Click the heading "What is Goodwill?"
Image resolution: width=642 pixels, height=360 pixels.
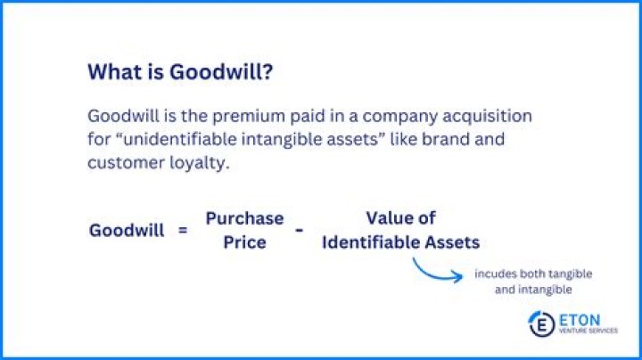pos(180,73)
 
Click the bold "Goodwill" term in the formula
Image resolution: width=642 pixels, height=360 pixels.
pos(127,230)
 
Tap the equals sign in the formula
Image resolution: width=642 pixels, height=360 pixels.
pos(183,230)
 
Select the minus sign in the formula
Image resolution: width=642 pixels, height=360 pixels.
pos(300,230)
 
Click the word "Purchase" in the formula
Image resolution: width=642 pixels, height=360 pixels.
pos(244,218)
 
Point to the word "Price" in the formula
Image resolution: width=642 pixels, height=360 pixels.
pos(244,241)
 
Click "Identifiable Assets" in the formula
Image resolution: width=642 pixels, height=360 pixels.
pos(400,241)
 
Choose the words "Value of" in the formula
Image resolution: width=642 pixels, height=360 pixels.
pos(400,218)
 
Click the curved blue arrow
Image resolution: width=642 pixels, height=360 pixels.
pos(435,269)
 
